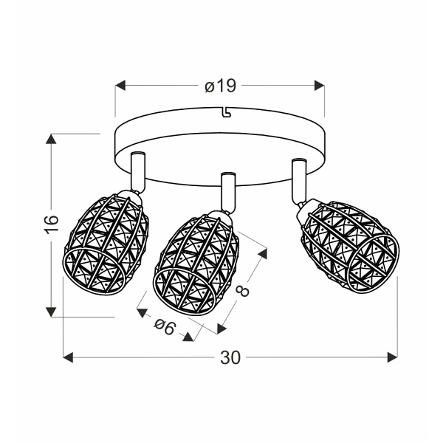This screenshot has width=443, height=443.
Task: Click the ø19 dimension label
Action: click(x=220, y=86)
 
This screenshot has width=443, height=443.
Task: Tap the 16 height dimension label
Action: click(x=52, y=224)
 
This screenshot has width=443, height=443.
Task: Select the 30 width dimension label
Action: click(x=230, y=357)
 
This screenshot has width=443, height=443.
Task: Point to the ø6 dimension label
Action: click(x=165, y=327)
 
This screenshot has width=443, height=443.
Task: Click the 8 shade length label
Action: click(x=242, y=291)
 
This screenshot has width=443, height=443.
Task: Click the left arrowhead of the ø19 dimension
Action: click(x=120, y=86)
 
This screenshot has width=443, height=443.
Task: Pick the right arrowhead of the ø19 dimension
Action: click(x=319, y=86)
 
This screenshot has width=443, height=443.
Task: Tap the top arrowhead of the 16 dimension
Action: click(x=51, y=139)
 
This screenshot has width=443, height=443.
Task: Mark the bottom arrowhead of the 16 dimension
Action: click(x=51, y=312)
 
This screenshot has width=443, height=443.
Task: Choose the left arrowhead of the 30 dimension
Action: click(x=68, y=357)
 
